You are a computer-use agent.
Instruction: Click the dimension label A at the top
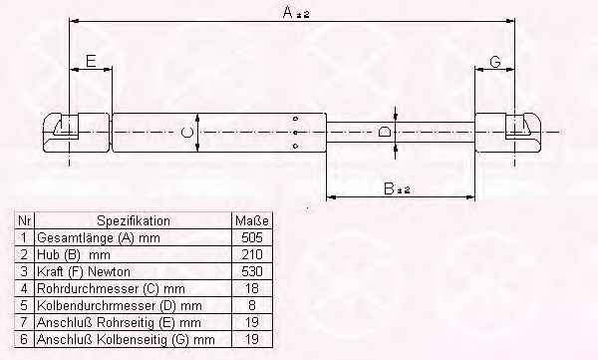click(x=296, y=13)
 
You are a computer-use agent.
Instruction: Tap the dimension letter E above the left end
click(x=91, y=61)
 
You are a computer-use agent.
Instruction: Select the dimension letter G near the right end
click(x=495, y=62)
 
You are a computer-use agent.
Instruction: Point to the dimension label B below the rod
click(x=397, y=188)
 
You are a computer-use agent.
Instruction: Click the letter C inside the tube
click(x=187, y=133)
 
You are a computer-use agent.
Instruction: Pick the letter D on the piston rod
click(x=384, y=132)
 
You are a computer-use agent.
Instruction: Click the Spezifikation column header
click(x=134, y=220)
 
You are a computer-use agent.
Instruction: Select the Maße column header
click(x=252, y=220)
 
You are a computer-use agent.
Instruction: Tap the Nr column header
click(x=24, y=220)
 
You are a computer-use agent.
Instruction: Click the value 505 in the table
click(x=252, y=237)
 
